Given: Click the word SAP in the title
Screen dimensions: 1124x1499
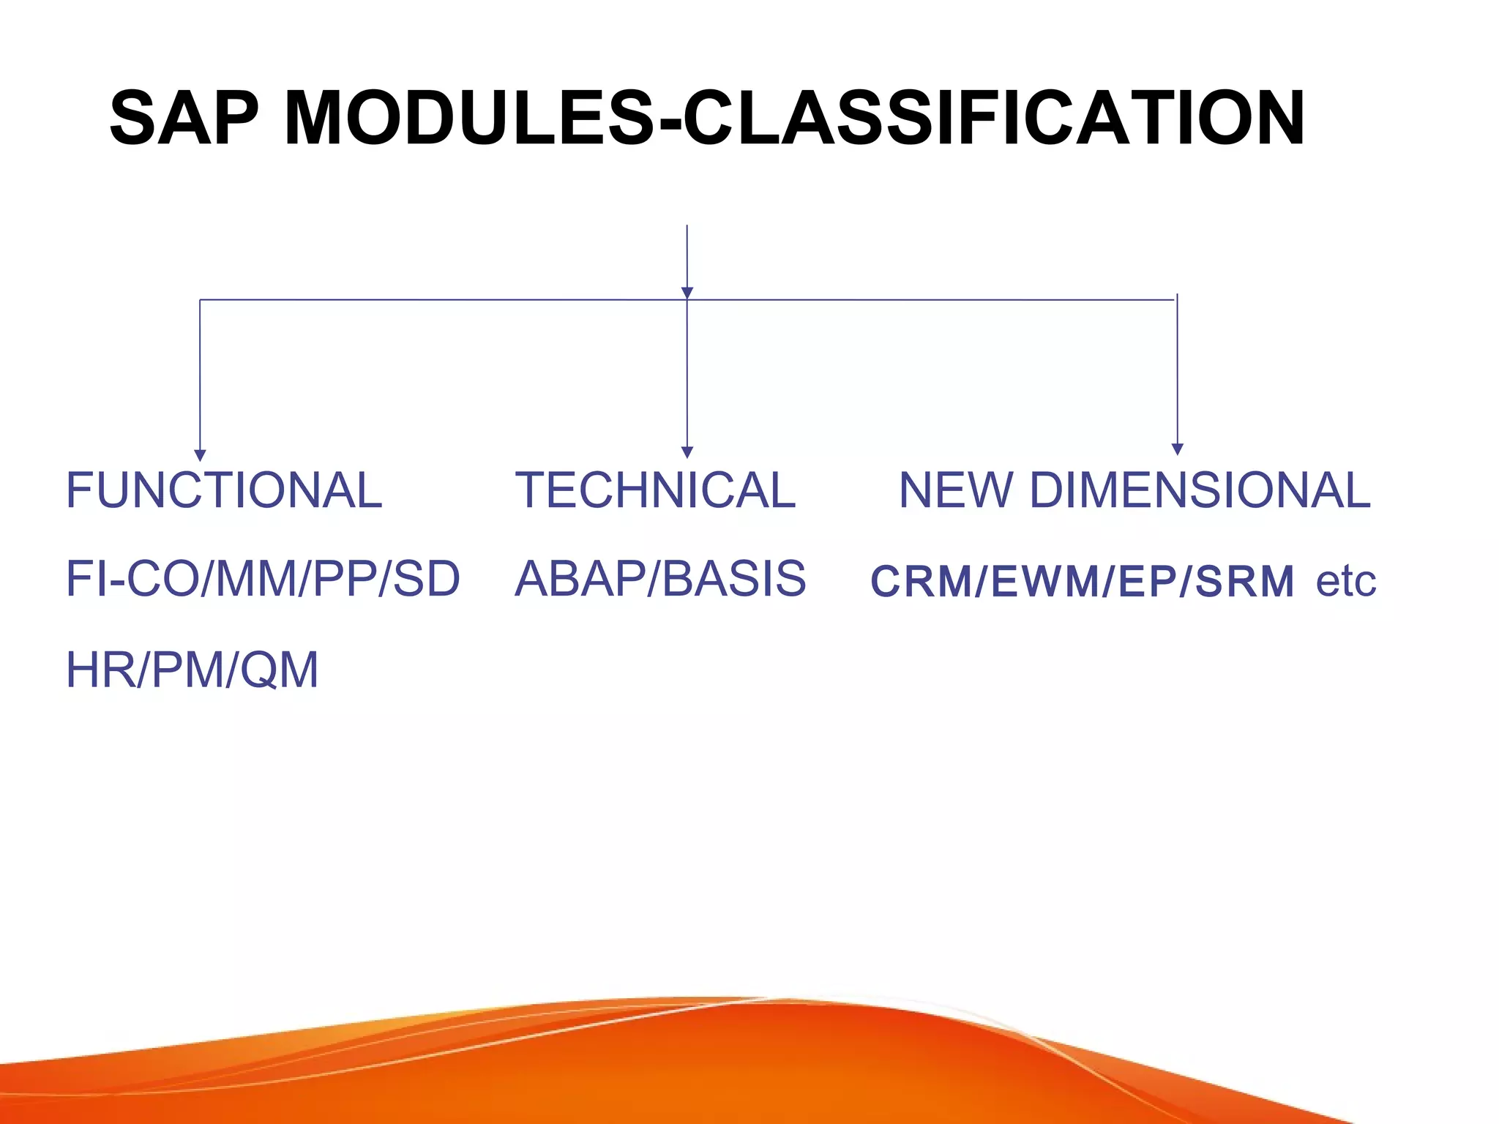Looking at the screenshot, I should point(183,119).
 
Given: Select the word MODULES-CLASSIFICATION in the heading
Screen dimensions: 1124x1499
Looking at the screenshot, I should point(794,119).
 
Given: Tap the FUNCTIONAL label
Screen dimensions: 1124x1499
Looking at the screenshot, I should point(224,490).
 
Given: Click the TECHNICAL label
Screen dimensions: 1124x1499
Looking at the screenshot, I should point(655,490).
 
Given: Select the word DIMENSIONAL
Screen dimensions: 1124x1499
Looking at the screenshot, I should point(1200,490).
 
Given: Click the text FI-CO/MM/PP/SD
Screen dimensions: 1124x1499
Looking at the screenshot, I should point(263,579).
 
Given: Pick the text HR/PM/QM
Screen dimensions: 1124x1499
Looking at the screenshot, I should point(192,670).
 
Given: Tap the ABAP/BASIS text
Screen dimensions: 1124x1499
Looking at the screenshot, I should point(660,579).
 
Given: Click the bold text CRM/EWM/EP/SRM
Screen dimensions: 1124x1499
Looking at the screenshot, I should point(1082,582).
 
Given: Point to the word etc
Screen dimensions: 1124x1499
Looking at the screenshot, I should point(1345,582).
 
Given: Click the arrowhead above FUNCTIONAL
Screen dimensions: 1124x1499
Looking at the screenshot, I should point(200,455).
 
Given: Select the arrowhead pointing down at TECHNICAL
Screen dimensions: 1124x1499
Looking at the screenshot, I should point(687,452).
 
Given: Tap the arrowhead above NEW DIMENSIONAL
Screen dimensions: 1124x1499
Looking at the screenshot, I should point(1177,449).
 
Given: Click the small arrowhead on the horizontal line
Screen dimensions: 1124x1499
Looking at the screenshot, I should point(687,293).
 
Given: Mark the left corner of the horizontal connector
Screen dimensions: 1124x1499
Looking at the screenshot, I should point(201,300).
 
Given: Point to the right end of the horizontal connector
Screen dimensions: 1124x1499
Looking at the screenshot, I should point(1175,300).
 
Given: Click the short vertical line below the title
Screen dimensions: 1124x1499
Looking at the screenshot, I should point(687,256).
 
